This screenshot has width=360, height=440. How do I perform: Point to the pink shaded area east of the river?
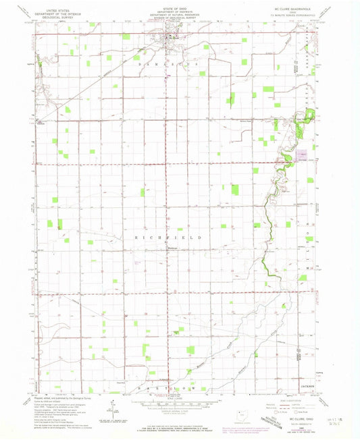(304, 156)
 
